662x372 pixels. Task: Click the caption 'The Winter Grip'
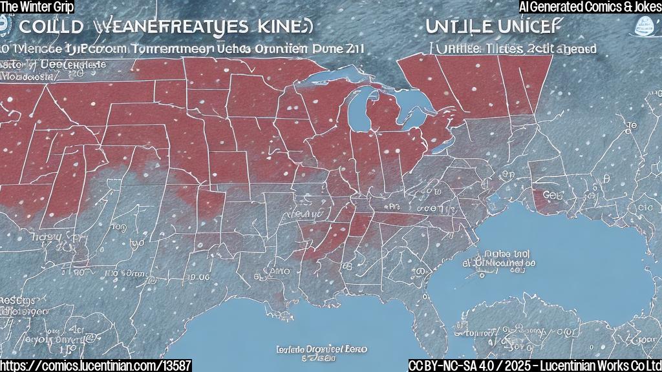click(37, 6)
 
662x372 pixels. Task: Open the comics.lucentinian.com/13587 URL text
click(96, 365)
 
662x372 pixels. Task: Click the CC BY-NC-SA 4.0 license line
click(535, 365)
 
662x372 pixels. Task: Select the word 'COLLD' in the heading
click(50, 28)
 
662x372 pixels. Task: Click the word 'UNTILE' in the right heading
click(459, 28)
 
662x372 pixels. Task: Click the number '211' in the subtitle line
click(352, 48)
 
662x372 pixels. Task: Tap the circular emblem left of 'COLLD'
click(6, 26)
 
